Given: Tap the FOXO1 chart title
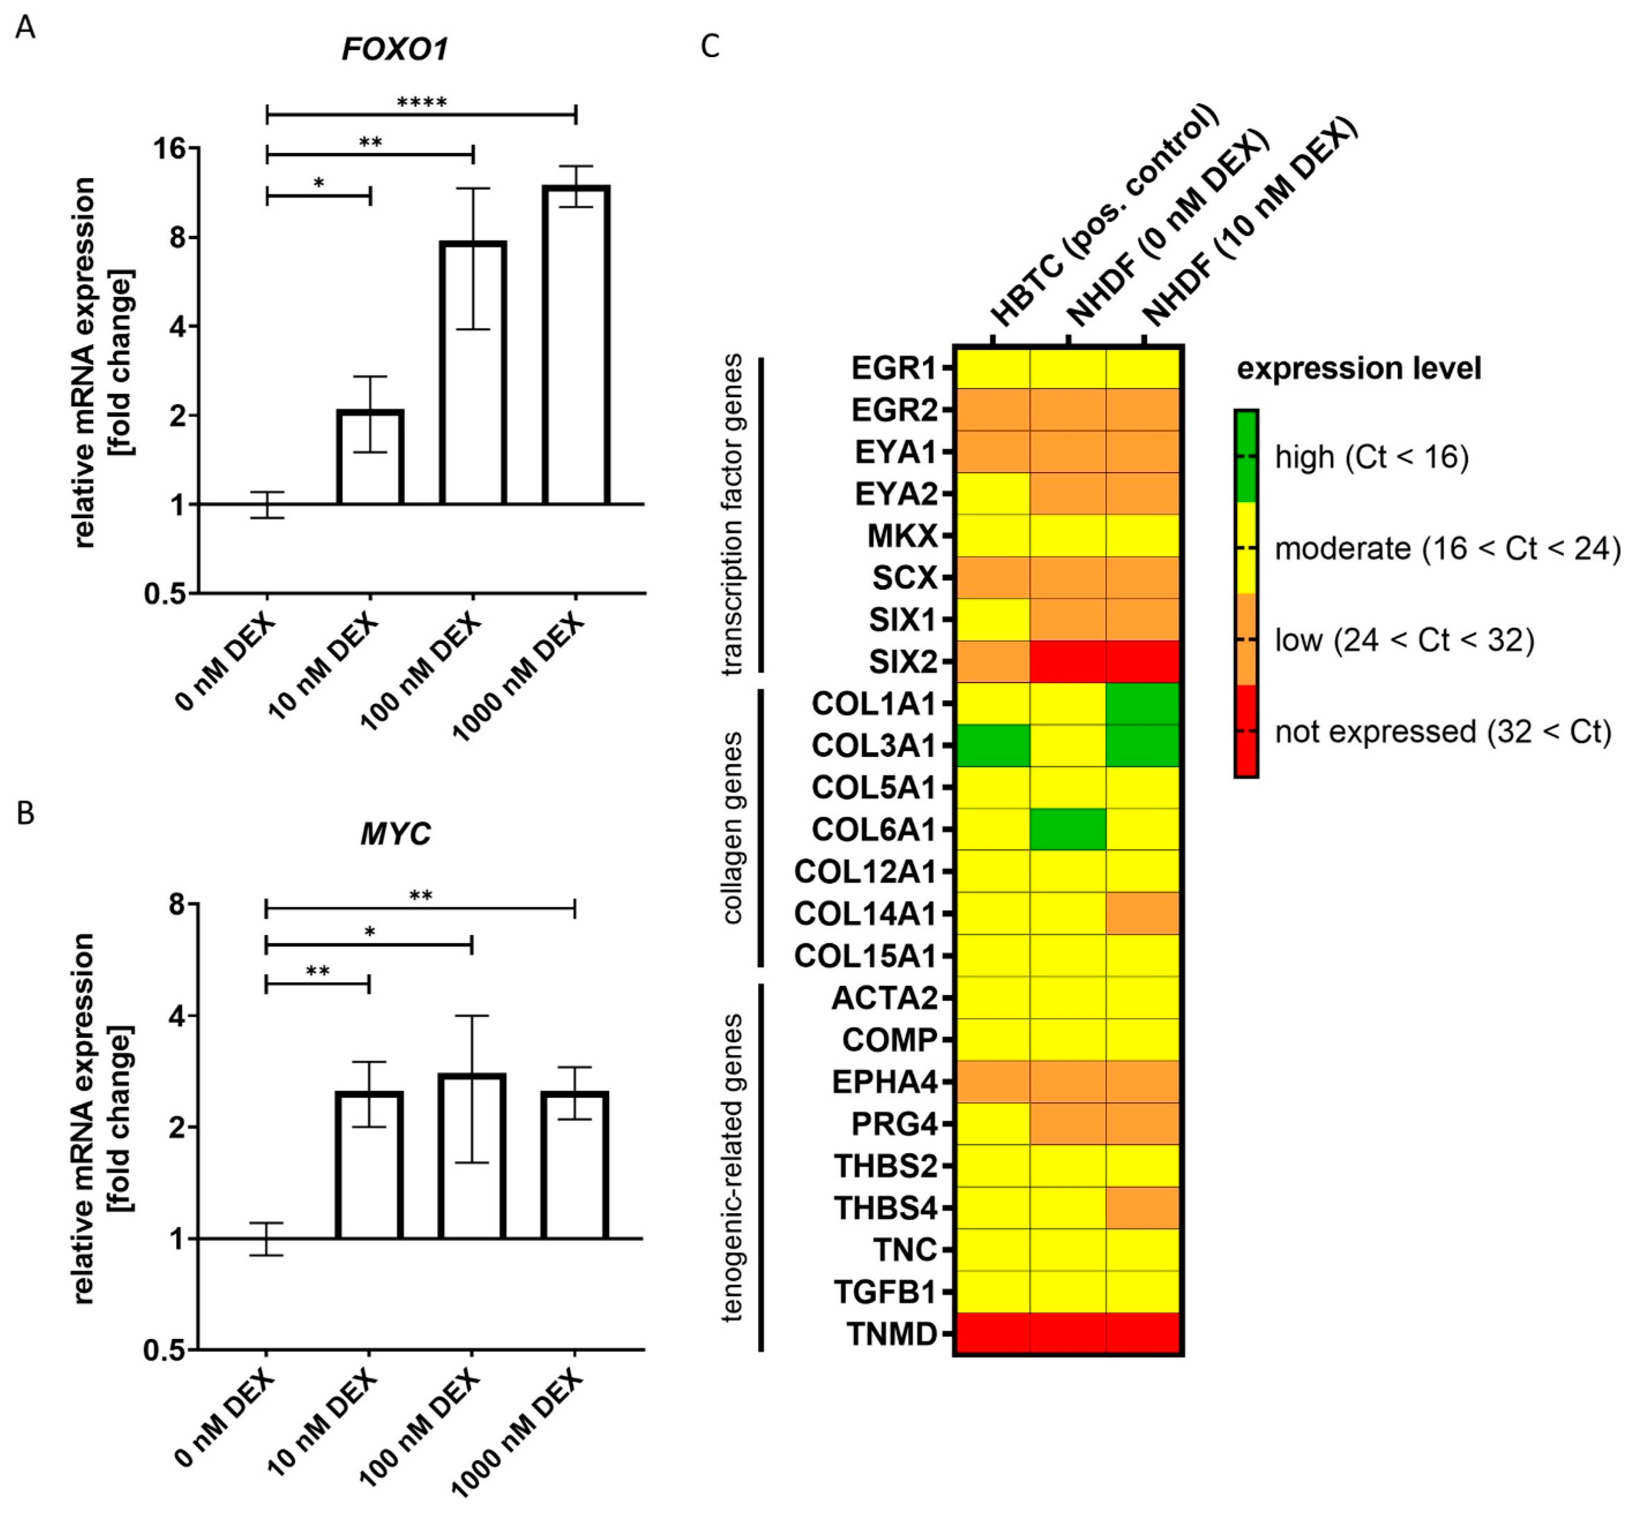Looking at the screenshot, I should tap(395, 50).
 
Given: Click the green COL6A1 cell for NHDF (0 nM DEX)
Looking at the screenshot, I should tap(1068, 829).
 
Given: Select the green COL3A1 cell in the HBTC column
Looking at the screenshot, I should tap(992, 745).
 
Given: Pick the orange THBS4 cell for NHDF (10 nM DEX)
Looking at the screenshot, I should tap(1143, 1208).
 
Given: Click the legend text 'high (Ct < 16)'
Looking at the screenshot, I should tap(1371, 457).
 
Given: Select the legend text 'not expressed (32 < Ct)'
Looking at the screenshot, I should tap(1443, 731).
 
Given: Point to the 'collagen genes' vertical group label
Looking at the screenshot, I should tap(733, 827).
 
